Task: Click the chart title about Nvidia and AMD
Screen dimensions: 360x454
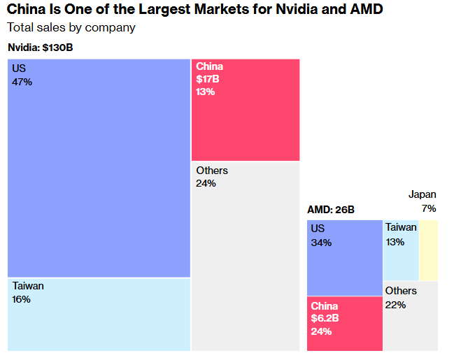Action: [195, 10]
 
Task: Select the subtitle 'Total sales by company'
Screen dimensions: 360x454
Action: [71, 28]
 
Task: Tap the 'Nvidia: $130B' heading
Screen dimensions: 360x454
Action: [41, 48]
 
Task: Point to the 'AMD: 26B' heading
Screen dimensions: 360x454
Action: [331, 210]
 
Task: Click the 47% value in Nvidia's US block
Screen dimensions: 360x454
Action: [22, 82]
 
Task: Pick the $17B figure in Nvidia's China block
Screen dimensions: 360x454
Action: [208, 79]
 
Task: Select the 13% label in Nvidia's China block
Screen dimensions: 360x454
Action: [206, 92]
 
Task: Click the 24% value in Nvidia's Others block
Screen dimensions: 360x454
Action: [206, 183]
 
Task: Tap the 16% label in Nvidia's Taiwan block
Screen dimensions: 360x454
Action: [22, 299]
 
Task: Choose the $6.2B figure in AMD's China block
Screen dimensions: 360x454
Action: [325, 319]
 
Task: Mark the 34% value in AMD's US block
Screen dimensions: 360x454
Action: [321, 243]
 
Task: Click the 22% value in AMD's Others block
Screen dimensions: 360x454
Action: [395, 305]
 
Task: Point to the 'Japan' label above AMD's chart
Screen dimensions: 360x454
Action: [423, 195]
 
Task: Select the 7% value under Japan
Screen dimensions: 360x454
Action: [429, 208]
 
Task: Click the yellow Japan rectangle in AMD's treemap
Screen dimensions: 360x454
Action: [428, 250]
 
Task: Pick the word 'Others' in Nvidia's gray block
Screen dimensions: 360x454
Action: [212, 171]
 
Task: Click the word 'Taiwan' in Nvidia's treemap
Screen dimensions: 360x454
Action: [28, 286]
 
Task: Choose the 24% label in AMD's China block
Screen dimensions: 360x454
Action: [322, 331]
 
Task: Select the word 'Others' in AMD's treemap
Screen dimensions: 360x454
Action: [401, 291]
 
